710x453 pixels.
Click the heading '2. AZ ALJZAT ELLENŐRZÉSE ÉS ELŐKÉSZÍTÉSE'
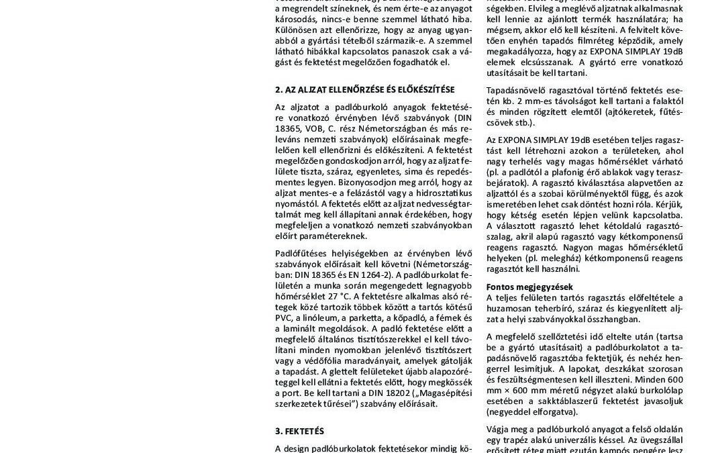coord(364,89)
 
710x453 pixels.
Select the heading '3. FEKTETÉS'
coord(299,431)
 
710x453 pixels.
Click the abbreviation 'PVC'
coord(285,317)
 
